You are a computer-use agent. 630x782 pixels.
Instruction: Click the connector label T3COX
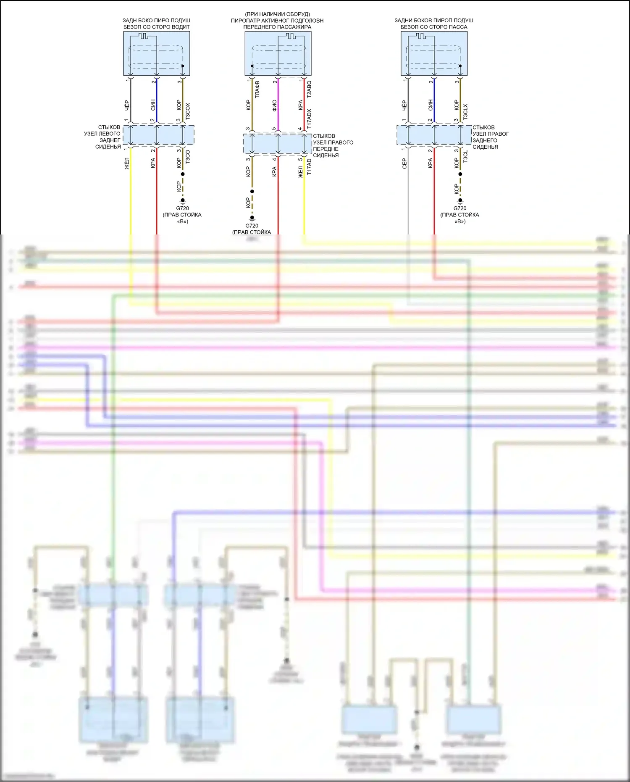click(188, 111)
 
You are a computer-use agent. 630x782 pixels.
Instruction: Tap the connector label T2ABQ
click(309, 90)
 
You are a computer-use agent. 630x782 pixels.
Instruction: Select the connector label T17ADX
click(309, 118)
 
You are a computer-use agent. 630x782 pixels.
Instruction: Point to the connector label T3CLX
click(465, 112)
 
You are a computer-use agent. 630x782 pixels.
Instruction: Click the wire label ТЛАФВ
click(257, 90)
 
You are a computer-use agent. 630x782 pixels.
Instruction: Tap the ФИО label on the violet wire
click(274, 105)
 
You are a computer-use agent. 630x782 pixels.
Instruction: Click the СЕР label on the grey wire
click(404, 163)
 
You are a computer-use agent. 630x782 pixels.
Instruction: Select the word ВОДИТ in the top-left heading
click(180, 27)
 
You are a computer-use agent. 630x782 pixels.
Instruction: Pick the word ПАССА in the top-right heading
click(459, 27)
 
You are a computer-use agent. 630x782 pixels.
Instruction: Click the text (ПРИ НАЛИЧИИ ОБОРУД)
click(277, 14)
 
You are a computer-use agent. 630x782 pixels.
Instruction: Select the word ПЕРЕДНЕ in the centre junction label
click(325, 149)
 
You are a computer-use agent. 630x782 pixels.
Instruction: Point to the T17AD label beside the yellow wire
click(309, 167)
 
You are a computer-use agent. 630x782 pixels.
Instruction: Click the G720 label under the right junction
click(460, 208)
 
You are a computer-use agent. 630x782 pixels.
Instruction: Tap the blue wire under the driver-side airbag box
click(157, 101)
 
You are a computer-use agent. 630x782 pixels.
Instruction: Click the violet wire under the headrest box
click(278, 105)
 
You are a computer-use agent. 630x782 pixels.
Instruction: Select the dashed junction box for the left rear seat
click(160, 135)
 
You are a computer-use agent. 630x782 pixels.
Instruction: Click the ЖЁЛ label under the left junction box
click(127, 163)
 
